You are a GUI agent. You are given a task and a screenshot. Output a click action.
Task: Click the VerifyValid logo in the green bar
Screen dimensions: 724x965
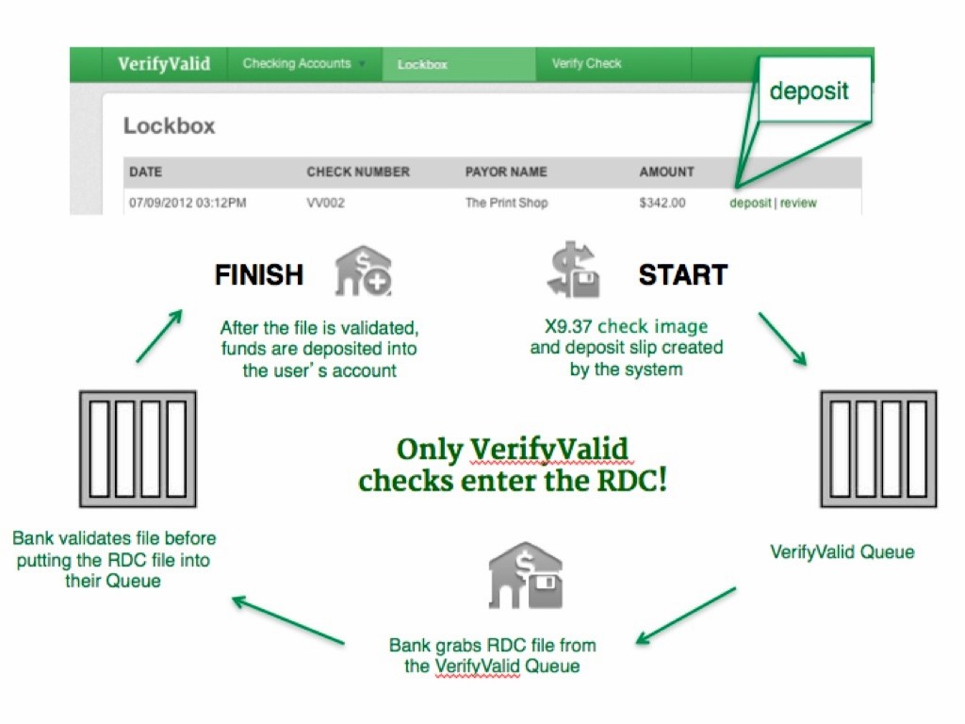164,64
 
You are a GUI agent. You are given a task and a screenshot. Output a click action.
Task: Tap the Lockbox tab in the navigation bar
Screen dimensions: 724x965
422,65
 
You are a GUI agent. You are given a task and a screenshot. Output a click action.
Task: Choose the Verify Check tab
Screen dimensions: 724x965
586,64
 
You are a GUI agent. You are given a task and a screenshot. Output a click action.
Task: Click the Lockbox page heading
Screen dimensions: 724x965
170,125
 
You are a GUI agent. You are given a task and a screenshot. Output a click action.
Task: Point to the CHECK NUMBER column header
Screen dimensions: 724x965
358,172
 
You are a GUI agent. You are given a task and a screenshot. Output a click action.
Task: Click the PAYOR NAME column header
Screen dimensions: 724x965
506,172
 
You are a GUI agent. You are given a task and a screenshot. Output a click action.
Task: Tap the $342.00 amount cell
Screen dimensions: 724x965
662,203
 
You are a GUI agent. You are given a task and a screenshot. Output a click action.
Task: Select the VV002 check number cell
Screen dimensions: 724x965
327,203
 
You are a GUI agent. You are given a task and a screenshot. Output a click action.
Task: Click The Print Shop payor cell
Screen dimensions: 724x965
506,203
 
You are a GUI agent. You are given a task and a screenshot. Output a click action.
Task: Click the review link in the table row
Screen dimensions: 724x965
798,203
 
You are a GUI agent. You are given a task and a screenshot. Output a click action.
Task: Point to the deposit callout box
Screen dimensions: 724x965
810,91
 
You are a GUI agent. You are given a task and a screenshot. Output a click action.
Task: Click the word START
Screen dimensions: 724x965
683,275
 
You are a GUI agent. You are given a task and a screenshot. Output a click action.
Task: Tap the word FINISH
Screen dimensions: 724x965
259,275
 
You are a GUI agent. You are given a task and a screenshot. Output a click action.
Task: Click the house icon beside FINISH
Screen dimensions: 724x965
364,271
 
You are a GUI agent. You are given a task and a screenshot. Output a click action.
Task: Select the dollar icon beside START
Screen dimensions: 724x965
573,271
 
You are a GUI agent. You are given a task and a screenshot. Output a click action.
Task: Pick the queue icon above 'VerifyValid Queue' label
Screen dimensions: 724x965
878,449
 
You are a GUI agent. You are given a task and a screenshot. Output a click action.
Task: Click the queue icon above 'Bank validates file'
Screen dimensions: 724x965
138,449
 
